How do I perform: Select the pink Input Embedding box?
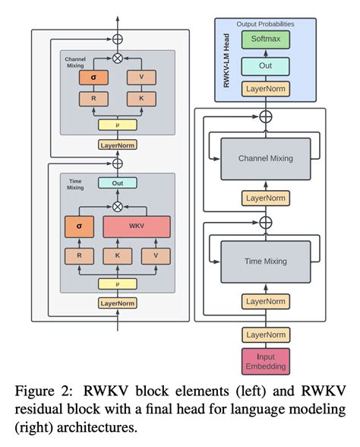pyautogui.click(x=265, y=361)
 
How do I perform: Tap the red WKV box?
pyautogui.click(x=137, y=227)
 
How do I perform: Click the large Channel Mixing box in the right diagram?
pyautogui.click(x=265, y=159)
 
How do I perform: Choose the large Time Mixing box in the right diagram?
pyautogui.click(x=265, y=261)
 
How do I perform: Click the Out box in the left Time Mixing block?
pyautogui.click(x=118, y=183)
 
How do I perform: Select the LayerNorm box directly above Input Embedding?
pyautogui.click(x=265, y=334)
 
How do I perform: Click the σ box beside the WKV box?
pyautogui.click(x=80, y=227)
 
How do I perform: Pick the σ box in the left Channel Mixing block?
pyautogui.click(x=93, y=77)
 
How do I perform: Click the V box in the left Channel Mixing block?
pyautogui.click(x=141, y=77)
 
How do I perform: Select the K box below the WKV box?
pyautogui.click(x=118, y=257)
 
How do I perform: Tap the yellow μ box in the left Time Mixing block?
pyautogui.click(x=118, y=284)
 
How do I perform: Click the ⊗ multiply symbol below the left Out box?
pyautogui.click(x=118, y=206)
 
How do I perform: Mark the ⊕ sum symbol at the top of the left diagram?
pyautogui.click(x=118, y=38)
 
